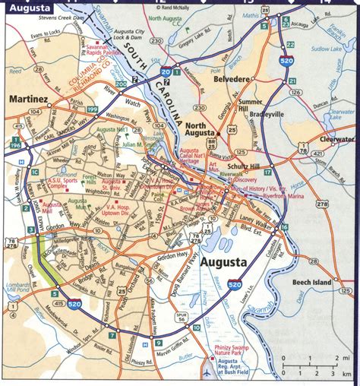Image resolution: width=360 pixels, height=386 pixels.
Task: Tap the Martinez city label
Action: point(30,99)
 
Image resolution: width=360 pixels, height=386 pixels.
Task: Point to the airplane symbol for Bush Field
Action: point(207,374)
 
